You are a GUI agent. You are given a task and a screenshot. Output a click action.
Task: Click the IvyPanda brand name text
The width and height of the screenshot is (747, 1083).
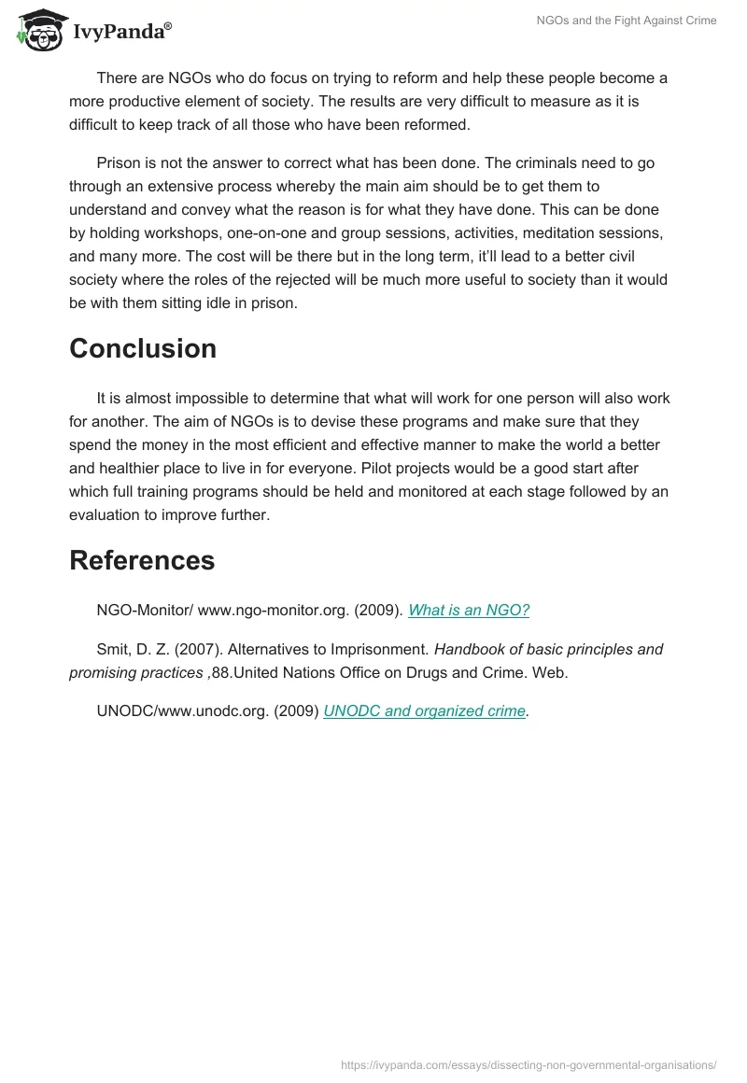point(121,32)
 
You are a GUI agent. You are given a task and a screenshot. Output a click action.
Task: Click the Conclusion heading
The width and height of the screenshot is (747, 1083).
point(143,348)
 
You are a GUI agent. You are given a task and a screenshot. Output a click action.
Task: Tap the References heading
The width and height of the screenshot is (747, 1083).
point(142,560)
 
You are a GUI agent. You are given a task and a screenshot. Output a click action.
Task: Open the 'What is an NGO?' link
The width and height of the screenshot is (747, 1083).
point(469,611)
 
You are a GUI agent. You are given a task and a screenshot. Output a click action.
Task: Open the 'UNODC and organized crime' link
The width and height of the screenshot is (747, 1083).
point(424,711)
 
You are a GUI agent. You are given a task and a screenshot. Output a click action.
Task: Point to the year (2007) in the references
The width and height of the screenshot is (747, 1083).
point(195,650)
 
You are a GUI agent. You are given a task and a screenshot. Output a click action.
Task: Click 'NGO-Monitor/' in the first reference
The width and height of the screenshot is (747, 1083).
point(143,611)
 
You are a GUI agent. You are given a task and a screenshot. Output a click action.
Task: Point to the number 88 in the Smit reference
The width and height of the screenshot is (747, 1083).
point(219,672)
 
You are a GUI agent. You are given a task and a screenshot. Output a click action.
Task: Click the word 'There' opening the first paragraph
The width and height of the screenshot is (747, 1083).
point(116,78)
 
